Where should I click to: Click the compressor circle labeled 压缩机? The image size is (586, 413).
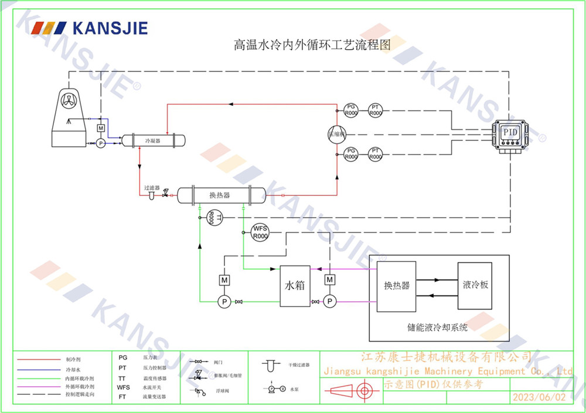(x=338, y=133)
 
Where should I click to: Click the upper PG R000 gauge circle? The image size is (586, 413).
(x=351, y=109)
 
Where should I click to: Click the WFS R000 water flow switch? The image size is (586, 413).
(x=260, y=232)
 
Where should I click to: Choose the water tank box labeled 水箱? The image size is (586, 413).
(x=295, y=286)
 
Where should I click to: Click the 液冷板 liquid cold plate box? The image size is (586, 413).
(x=475, y=285)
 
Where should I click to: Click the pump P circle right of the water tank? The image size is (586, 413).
(x=330, y=301)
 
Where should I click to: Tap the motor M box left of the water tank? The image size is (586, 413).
(x=224, y=280)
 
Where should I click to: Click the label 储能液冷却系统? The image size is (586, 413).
(x=437, y=328)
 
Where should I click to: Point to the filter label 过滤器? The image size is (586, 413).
(x=152, y=188)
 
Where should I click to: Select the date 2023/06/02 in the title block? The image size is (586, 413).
(x=540, y=397)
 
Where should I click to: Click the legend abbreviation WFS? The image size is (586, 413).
(x=123, y=387)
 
